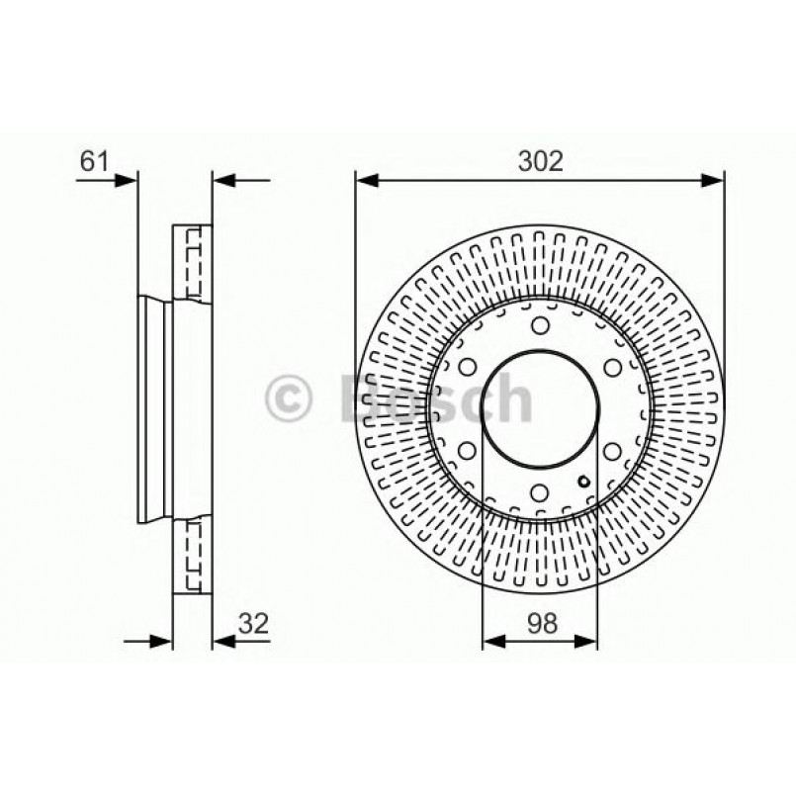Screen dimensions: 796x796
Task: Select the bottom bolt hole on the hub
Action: tap(539, 491)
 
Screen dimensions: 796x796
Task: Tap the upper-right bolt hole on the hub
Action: tap(612, 368)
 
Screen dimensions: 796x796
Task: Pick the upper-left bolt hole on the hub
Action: tap(467, 368)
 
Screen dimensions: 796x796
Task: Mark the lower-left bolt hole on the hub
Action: tap(467, 451)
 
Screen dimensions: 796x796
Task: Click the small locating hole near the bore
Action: tap(584, 483)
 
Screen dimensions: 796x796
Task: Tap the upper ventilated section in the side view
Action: tap(192, 261)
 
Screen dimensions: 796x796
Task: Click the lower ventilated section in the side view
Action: tap(192, 559)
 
